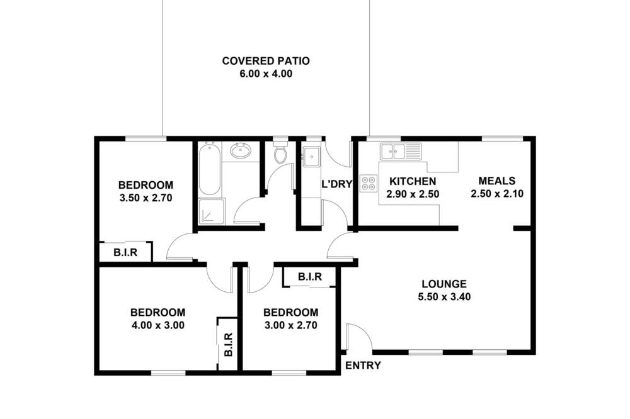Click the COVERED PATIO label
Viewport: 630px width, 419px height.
pos(266,61)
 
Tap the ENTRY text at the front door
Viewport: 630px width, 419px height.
pos(363,366)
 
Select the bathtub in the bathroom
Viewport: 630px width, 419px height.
pos(209,169)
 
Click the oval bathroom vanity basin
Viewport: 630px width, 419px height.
pos(241,151)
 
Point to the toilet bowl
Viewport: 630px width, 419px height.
pos(280,154)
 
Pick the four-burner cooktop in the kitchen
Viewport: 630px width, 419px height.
pos(369,183)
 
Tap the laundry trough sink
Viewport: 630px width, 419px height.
pos(311,157)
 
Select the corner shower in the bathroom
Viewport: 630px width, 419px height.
pos(211,211)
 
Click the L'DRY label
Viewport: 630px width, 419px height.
pos(336,184)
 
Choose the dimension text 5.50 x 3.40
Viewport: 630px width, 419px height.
pos(444,297)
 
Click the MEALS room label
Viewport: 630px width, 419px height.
pos(497,181)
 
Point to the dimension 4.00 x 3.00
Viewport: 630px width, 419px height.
pos(158,325)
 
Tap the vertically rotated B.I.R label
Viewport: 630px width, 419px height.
pos(228,344)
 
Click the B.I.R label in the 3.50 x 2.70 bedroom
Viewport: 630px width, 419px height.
pos(125,252)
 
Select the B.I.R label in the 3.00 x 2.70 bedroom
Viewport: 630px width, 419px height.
pos(310,277)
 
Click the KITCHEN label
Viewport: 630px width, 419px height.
pos(413,181)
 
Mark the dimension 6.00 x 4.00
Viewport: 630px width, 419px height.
pos(266,74)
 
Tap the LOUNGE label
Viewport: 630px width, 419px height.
pos(444,284)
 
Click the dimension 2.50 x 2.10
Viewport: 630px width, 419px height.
pos(497,194)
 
